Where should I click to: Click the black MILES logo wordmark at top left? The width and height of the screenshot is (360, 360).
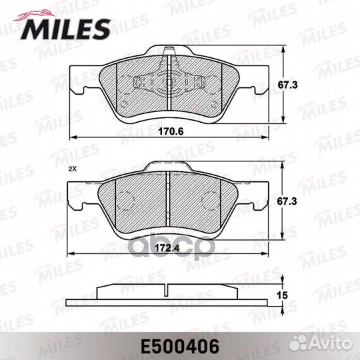[65, 29]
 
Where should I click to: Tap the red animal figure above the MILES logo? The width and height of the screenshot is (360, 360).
[35, 15]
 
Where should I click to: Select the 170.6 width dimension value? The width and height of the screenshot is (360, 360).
[171, 131]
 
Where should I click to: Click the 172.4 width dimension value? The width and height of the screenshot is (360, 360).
[167, 248]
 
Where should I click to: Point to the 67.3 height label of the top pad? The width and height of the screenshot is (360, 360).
[287, 85]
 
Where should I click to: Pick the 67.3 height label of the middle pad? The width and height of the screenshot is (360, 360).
[287, 201]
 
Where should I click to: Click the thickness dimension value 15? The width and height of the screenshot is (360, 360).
[282, 295]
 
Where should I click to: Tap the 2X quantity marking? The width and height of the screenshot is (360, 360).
[73, 169]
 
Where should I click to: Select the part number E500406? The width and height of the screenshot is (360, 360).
[180, 347]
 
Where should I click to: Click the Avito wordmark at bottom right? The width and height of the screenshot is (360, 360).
[331, 344]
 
